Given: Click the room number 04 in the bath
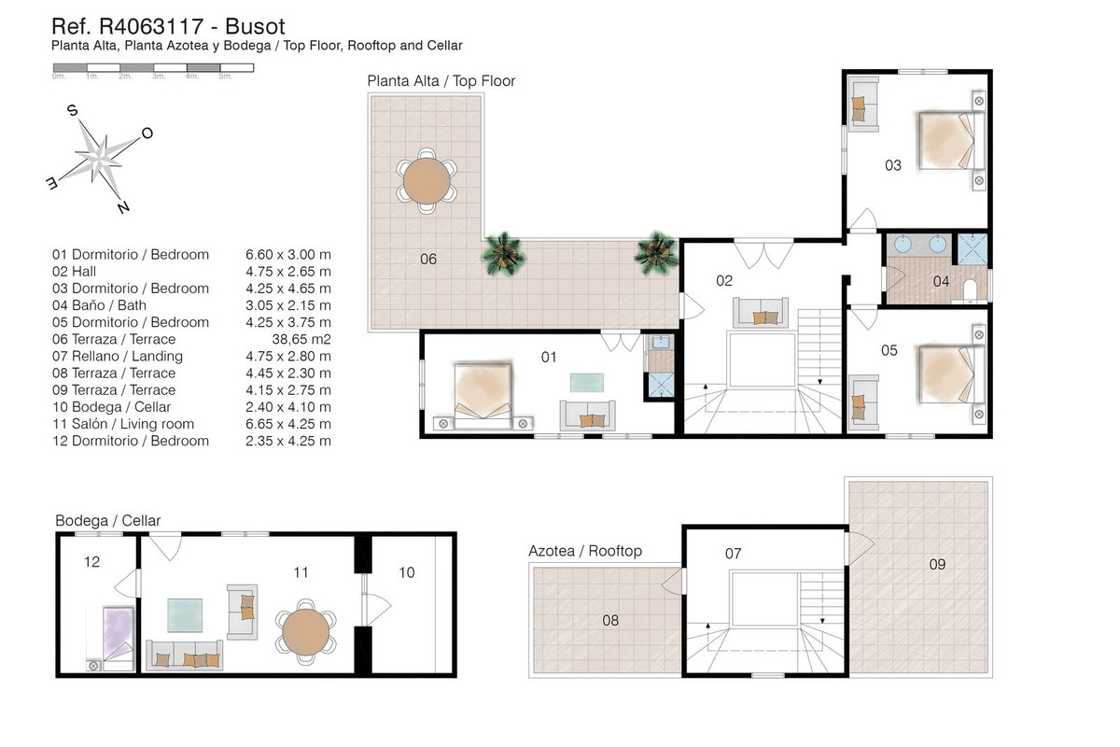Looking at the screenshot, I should click(x=940, y=281).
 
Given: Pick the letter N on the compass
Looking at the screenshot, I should click(x=123, y=207).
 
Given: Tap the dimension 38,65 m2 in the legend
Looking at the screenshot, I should click(x=301, y=339).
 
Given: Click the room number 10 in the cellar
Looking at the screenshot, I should click(x=406, y=571).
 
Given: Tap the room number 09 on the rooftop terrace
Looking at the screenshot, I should click(x=937, y=563).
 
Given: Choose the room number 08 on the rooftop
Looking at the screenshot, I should click(x=610, y=619).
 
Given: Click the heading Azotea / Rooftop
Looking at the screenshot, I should click(x=585, y=551).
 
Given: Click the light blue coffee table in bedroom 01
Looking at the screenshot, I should click(x=586, y=382).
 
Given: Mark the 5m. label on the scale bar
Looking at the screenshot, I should click(x=225, y=76).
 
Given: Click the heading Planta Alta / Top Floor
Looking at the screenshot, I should click(x=441, y=81).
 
